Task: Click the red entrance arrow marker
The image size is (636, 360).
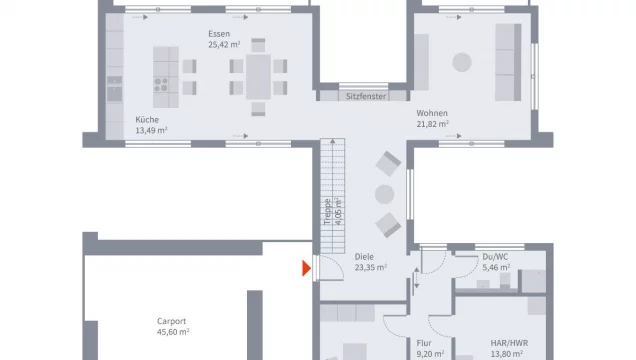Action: coord(306,268)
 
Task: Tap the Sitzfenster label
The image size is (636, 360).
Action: coord(365,96)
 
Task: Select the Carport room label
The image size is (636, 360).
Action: coord(171,321)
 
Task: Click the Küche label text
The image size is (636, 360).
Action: coord(147,120)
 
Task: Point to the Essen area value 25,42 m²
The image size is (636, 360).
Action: coord(224,44)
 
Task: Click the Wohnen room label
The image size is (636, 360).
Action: coord(432,113)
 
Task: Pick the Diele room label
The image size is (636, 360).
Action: coord(364,257)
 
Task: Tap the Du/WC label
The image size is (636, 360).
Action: coord(495,257)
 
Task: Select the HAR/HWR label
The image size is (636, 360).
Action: coord(509,343)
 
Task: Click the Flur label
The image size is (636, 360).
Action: coord(424,343)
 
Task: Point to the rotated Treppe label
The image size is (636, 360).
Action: coord(328,212)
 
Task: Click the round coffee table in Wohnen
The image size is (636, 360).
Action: coord(462,62)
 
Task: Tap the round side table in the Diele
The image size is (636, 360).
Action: coord(385,195)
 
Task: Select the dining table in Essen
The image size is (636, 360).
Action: coord(258,77)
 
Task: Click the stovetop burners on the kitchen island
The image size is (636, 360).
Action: coord(161,85)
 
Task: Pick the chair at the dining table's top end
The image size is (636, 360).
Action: coord(258,45)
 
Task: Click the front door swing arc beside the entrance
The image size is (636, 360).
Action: coord(336,263)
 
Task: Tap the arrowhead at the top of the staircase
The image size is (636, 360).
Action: coord(333,141)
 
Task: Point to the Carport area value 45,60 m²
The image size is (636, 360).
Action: coord(173,332)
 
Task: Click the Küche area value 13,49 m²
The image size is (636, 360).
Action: coord(151,131)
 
